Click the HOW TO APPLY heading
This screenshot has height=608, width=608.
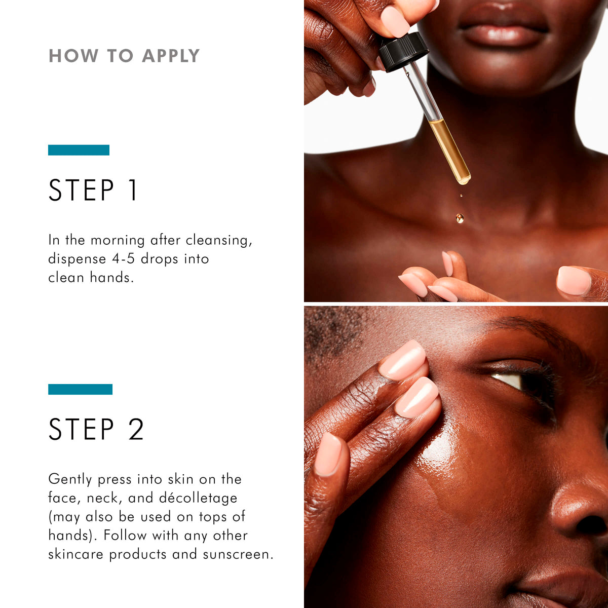click(x=124, y=56)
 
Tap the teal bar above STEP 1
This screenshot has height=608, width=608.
click(x=79, y=150)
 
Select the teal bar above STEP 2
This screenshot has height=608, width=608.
click(x=80, y=389)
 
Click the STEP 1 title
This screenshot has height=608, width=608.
click(x=93, y=191)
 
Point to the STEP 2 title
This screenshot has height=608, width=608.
click(x=96, y=430)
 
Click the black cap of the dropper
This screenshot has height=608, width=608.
click(x=403, y=51)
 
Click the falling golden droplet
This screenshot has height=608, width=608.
click(x=460, y=218)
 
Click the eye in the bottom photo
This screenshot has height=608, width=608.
click(x=517, y=380)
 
